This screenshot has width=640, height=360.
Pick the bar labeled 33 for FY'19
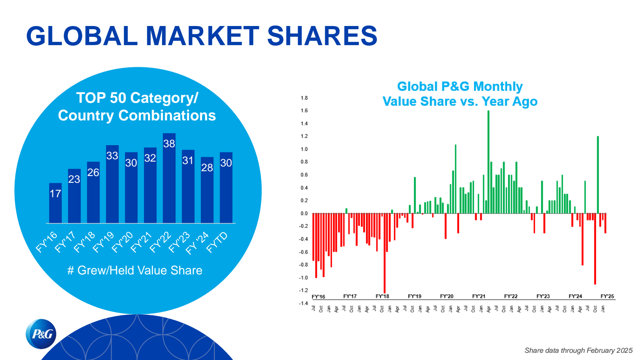[112, 184]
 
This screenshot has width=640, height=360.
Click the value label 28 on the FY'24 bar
[207, 168]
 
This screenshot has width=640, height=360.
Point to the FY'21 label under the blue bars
[142, 242]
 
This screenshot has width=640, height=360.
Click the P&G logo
[41, 334]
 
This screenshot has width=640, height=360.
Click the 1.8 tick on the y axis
[304, 98]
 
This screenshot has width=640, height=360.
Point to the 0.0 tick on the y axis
[304, 213]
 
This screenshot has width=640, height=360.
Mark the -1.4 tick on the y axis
[304, 303]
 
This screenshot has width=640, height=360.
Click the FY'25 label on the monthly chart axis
[607, 296]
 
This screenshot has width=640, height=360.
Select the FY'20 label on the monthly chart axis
[446, 296]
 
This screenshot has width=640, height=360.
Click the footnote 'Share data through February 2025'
[578, 350]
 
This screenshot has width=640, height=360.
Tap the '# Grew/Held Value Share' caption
[135, 270]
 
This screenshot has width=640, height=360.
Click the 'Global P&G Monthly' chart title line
[460, 86]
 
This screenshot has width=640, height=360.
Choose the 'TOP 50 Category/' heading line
[137, 98]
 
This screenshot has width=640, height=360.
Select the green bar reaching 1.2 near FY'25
[598, 174]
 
